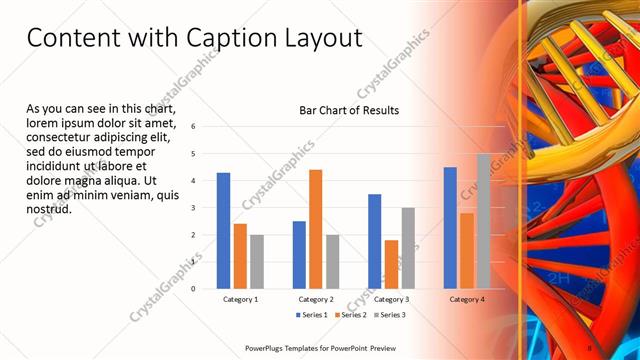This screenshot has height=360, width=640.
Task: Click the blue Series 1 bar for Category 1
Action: pyautogui.click(x=223, y=231)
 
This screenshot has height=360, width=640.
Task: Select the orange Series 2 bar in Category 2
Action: pyautogui.click(x=315, y=229)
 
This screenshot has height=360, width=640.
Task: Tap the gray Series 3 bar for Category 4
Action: pyautogui.click(x=483, y=221)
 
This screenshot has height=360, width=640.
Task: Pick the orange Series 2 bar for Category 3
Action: pyautogui.click(x=391, y=264)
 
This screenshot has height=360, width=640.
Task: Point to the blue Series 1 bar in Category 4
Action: pyautogui.click(x=450, y=228)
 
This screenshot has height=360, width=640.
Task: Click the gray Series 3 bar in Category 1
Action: pyautogui.click(x=257, y=262)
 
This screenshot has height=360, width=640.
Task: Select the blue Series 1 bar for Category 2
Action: pyautogui.click(x=299, y=255)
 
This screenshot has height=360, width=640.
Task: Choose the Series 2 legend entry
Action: pyautogui.click(x=349, y=315)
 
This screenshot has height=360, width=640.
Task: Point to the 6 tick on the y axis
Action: pyautogui.click(x=194, y=126)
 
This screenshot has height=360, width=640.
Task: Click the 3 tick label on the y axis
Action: pyautogui.click(x=194, y=207)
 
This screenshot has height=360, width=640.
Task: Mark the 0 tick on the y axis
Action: pyautogui.click(x=194, y=288)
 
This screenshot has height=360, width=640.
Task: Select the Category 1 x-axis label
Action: pyautogui.click(x=240, y=299)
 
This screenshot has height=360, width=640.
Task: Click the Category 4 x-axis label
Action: pyautogui.click(x=466, y=299)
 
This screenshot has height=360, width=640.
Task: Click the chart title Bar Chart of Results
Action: pyautogui.click(x=349, y=110)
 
